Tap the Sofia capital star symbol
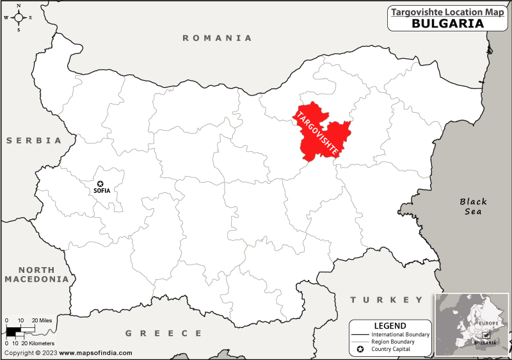coord(99,183)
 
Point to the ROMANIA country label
coord(218,38)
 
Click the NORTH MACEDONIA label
coord(36,275)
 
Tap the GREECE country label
coord(163,333)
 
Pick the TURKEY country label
coord(387,300)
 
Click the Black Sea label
coord(474,206)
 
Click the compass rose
coord(19,17)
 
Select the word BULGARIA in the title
coord(447,23)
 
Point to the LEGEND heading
coord(390,325)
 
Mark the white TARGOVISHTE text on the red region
coord(316,133)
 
